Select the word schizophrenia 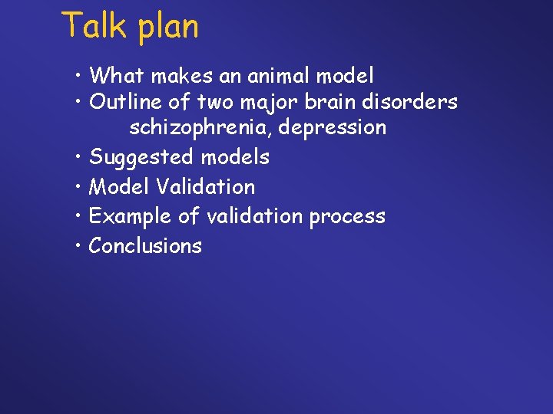point(200,128)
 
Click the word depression point(333,128)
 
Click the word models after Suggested point(235,157)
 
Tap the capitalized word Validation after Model point(206,186)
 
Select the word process point(347,217)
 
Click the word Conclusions point(145,245)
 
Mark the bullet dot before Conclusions point(80,246)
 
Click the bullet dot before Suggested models point(80,158)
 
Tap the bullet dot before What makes point(80,76)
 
